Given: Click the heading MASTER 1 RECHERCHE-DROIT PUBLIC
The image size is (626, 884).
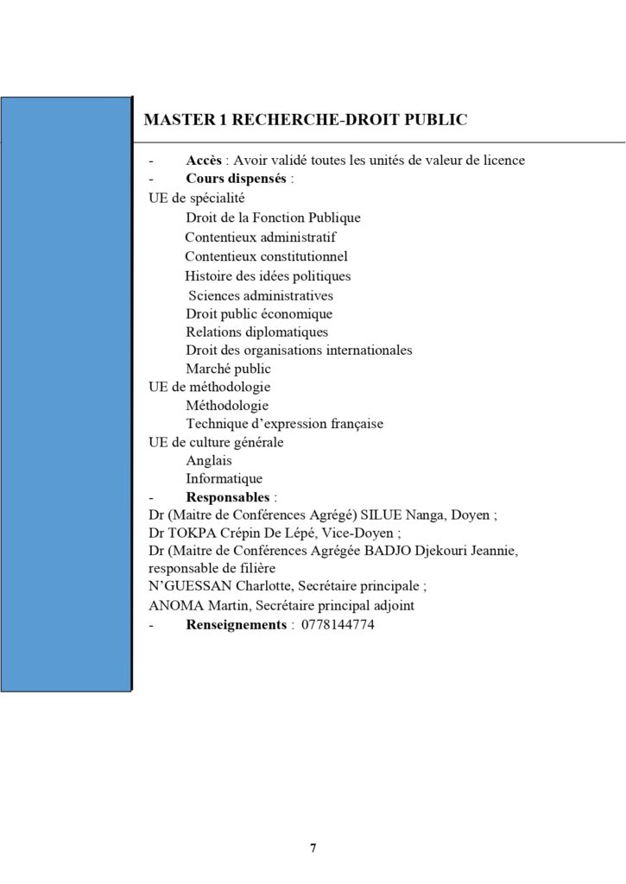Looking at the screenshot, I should point(306,119).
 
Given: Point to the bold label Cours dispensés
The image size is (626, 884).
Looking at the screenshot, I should point(237,180).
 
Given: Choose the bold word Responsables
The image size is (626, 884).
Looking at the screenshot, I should point(229,497).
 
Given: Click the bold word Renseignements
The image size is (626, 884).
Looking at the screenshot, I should point(236,624).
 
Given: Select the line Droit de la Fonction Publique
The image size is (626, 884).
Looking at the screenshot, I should point(273,218).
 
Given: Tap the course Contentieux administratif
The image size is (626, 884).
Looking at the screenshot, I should point(260,237).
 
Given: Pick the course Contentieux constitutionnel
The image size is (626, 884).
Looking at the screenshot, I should point(266,256).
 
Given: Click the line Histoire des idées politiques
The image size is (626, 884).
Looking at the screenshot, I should point(268,276).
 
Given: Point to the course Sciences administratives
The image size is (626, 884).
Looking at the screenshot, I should point(261,295).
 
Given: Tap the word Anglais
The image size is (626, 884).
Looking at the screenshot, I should point(209,461).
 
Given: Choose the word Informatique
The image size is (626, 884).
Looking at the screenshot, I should point(224,479).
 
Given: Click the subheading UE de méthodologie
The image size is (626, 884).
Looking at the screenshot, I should point(210,388).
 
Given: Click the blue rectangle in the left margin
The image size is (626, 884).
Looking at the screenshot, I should point(66,393).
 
